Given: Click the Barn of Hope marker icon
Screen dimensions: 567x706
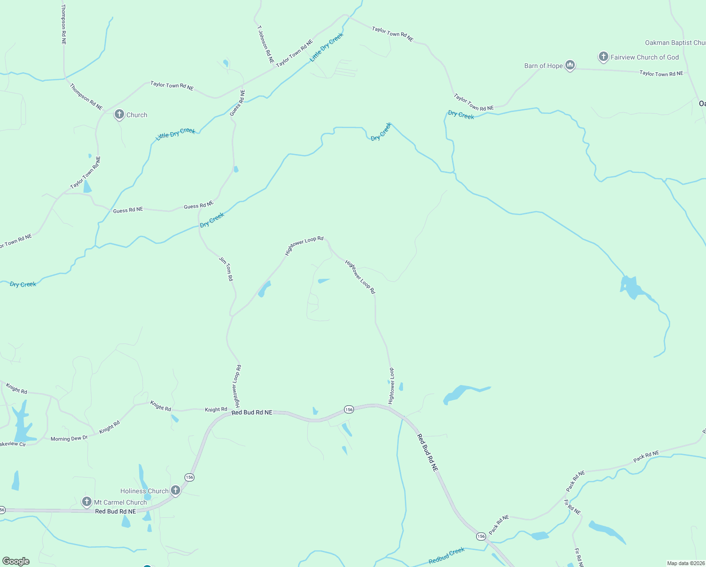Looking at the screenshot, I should (x=570, y=66).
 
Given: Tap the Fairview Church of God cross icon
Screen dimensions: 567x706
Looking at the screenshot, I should (x=603, y=57).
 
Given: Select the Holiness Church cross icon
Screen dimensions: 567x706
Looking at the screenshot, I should (x=176, y=490).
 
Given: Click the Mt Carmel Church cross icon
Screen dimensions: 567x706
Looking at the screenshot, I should (x=87, y=502).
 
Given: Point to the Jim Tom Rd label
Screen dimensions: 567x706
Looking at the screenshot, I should (x=226, y=269).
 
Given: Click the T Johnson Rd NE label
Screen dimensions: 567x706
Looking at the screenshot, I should (x=265, y=45).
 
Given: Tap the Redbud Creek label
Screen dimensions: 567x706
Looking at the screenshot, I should (x=446, y=556).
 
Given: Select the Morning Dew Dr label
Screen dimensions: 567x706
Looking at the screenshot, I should (x=69, y=439).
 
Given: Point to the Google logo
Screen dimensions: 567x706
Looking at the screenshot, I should (x=16, y=561).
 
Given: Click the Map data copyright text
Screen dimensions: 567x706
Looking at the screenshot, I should (x=685, y=563).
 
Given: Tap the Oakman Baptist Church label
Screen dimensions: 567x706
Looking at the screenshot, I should (x=675, y=43).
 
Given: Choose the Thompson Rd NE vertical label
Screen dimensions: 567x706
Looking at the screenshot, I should (x=64, y=25).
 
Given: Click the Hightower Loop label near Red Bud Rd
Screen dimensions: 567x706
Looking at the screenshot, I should (x=391, y=386).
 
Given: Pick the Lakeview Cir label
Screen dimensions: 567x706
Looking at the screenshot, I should (x=13, y=444).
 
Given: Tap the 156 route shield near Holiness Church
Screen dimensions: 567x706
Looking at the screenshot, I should (x=189, y=477).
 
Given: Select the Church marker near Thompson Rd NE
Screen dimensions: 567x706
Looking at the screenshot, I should (x=119, y=114).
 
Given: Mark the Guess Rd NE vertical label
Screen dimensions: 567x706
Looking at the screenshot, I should (x=238, y=103).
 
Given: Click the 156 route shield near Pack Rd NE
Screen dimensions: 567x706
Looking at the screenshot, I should (x=480, y=536).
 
